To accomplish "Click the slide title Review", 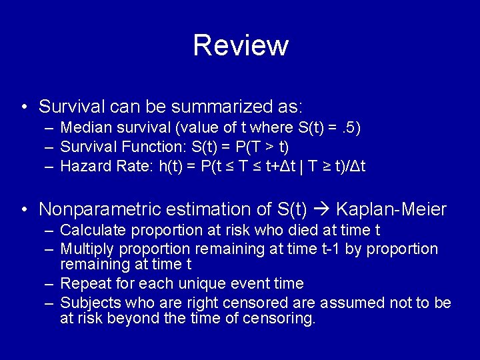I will click(240, 45).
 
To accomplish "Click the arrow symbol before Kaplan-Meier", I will click(322, 209).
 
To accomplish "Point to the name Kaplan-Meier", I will click(391, 209).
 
